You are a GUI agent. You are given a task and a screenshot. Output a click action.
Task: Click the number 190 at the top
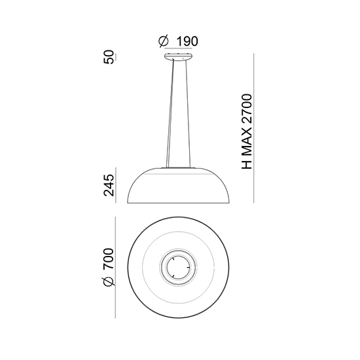[187, 41]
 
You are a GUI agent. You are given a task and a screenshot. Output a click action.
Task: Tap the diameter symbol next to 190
[164, 41]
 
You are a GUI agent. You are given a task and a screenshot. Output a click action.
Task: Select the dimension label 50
[109, 57]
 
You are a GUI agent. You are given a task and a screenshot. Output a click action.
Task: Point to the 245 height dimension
[109, 185]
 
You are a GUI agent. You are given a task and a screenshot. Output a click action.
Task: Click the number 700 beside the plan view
[109, 259]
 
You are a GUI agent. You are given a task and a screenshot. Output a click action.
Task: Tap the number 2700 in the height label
[247, 108]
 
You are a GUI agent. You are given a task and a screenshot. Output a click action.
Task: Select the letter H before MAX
[247, 164]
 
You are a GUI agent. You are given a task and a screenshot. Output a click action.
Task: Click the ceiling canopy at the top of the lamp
[178, 56]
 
